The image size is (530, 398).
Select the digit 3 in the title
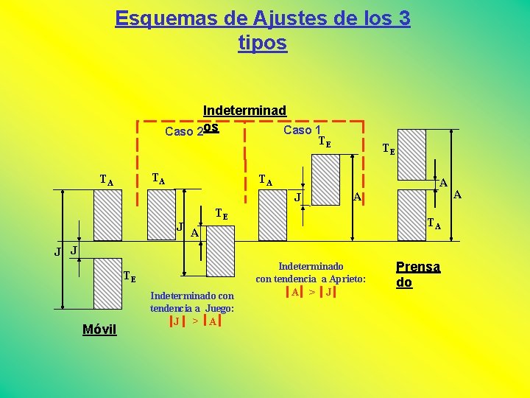402,18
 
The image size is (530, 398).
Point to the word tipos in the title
263,43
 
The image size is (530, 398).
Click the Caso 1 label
301,130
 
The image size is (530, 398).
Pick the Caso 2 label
184,132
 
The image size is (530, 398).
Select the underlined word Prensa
418,267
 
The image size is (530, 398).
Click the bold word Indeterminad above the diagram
244,111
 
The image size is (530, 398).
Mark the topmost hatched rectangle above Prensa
411,156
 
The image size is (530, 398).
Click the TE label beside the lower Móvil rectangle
129,277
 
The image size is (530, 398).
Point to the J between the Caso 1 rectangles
297,197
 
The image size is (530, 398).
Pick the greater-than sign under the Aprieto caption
311,293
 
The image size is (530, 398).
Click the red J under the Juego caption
176,321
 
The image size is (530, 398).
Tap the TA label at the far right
436,226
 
